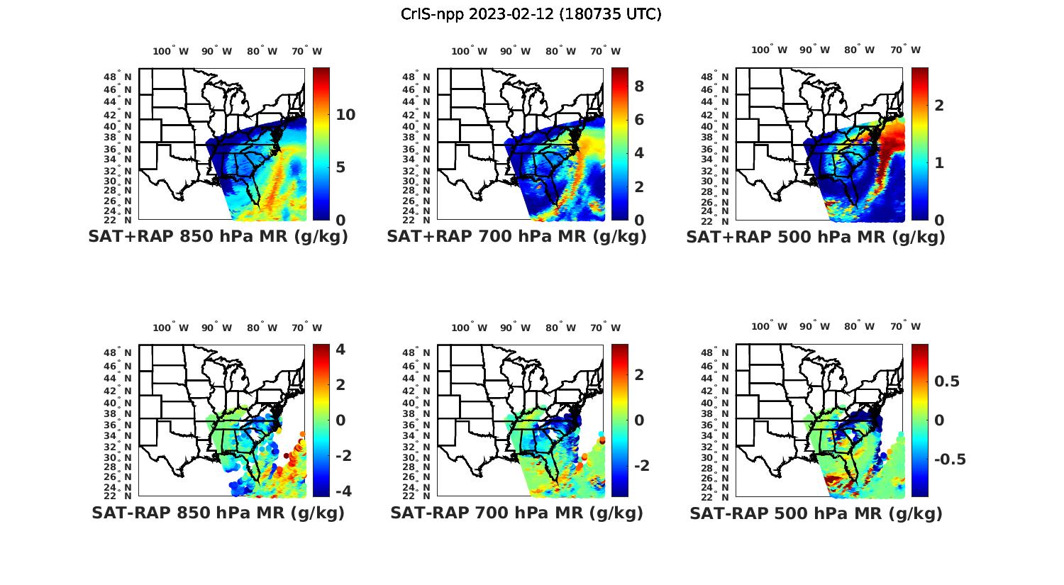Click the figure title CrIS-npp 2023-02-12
click(531, 13)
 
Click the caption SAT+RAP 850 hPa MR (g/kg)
click(218, 237)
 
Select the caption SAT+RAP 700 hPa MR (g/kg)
click(516, 237)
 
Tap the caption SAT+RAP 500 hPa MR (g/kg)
click(815, 237)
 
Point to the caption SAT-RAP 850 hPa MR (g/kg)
click(218, 513)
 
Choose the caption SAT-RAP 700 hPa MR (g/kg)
click(516, 513)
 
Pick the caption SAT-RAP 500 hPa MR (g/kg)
click(816, 513)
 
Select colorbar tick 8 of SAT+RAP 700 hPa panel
click(639, 86)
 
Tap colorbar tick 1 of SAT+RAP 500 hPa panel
click(939, 162)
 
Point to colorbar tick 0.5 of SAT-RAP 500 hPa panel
click(947, 381)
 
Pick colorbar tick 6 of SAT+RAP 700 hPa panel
click(639, 119)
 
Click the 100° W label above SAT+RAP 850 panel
click(171, 51)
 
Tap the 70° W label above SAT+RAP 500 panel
click(906, 50)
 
